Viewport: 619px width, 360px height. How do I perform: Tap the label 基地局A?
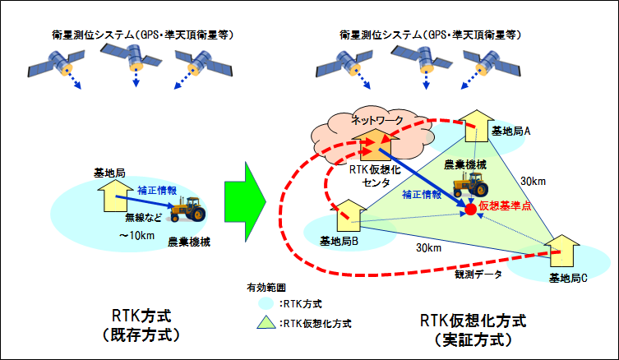coord(510,131)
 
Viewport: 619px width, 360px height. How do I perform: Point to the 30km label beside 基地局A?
coord(532,181)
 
